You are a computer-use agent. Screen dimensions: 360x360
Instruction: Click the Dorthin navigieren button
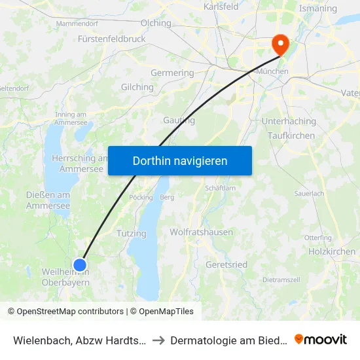click(x=179, y=160)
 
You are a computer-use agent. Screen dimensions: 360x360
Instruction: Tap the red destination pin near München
click(x=280, y=44)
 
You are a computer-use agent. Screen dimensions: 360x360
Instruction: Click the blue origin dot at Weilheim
click(x=80, y=264)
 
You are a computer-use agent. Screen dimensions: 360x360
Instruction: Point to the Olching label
click(x=156, y=23)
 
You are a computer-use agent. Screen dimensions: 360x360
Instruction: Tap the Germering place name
click(x=172, y=73)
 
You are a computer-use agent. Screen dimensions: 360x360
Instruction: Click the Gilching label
click(x=137, y=86)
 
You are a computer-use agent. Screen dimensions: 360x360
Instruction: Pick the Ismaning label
click(x=317, y=9)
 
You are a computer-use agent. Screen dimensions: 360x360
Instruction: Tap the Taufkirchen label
click(x=291, y=135)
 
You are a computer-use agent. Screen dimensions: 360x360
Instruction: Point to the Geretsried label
click(x=226, y=264)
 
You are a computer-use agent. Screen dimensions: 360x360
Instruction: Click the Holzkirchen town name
click(x=332, y=251)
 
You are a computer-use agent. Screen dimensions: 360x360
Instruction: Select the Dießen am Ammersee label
click(x=48, y=200)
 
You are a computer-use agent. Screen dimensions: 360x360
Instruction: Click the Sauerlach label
click(x=309, y=194)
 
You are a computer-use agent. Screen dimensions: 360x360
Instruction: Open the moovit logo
click(x=321, y=340)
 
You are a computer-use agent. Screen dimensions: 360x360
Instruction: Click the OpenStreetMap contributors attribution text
click(x=70, y=312)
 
